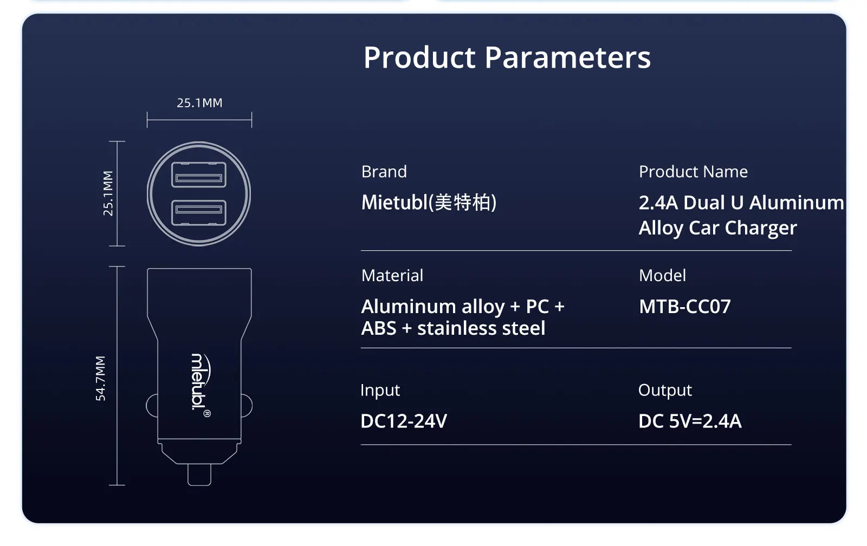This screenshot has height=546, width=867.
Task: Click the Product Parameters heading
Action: click(x=507, y=57)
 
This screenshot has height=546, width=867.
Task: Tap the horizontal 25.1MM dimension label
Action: click(x=200, y=103)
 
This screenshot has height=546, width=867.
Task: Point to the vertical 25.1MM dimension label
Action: click(x=108, y=193)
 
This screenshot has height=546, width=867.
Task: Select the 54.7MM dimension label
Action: click(x=100, y=378)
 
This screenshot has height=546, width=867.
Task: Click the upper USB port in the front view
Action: click(x=199, y=174)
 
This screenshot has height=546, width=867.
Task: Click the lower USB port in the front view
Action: click(x=199, y=212)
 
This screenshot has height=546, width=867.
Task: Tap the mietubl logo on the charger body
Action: click(x=201, y=382)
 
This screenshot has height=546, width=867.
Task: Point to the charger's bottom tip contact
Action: click(x=199, y=474)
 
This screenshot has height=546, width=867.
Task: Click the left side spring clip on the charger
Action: click(x=152, y=406)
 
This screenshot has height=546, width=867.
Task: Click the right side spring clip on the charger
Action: click(x=247, y=406)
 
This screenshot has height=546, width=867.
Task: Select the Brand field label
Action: click(x=384, y=171)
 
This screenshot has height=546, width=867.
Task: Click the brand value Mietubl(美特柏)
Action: click(x=429, y=203)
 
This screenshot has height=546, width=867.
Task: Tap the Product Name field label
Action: click(x=693, y=171)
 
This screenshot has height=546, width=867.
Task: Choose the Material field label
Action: click(x=392, y=276)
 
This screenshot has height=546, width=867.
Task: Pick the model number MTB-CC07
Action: click(x=685, y=307)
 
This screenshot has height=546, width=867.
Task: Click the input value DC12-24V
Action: click(x=404, y=421)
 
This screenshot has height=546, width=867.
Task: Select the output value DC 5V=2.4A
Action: click(x=690, y=421)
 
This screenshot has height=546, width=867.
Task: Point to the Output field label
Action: click(x=665, y=390)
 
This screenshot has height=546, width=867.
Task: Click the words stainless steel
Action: click(x=481, y=328)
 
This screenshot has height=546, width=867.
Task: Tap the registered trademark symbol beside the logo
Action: click(x=207, y=414)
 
